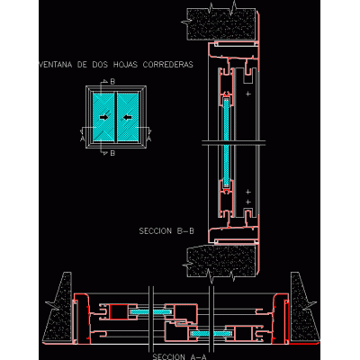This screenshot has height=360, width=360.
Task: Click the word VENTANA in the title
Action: (56, 65)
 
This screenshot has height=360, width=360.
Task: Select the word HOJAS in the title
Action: (125, 65)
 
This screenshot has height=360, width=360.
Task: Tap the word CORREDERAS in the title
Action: (168, 65)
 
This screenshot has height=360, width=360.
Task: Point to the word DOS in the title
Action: (100, 65)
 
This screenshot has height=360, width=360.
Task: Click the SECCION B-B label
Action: (166, 231)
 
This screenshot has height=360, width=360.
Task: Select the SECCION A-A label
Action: (179, 356)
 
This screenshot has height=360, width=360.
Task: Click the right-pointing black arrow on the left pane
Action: (104, 117)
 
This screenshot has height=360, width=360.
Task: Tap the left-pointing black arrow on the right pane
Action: (128, 117)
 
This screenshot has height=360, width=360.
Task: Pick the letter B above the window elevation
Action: (112, 82)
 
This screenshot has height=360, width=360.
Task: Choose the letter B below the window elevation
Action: (112, 153)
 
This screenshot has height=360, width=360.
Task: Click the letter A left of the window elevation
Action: (83, 138)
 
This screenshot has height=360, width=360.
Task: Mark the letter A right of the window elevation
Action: (149, 138)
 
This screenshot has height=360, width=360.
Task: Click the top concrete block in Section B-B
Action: (221, 24)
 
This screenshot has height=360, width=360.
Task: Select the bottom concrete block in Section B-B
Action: (221, 261)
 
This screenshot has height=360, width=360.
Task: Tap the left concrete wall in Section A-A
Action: (59, 308)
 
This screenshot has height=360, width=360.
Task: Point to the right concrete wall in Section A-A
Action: (303, 308)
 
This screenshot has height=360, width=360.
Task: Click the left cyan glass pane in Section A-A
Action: (150, 312)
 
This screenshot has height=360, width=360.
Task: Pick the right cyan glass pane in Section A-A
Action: (211, 333)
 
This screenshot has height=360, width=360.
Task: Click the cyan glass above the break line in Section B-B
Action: (226, 120)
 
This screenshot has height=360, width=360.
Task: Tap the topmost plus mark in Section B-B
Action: (248, 94)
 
